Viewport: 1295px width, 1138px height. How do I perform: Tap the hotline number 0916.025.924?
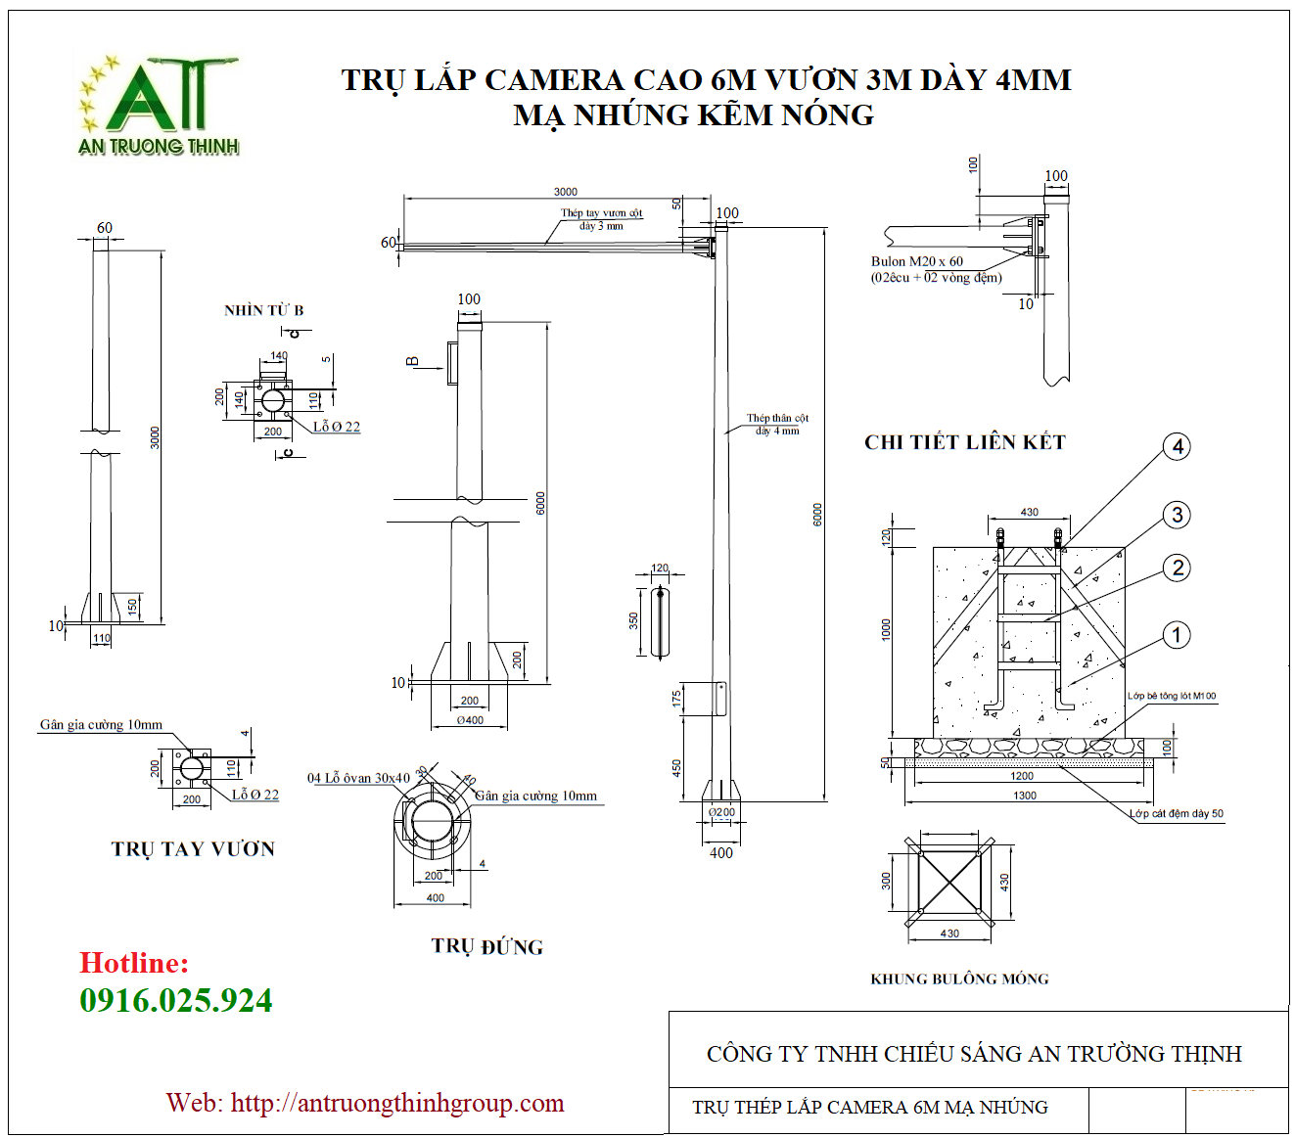[x=176, y=1000]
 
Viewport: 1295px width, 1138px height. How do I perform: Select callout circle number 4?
[x=1178, y=447]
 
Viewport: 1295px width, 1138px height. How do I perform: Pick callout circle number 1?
[x=1177, y=635]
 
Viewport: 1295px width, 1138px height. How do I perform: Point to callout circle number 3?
[x=1178, y=515]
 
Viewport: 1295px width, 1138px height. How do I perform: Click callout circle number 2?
[x=1178, y=568]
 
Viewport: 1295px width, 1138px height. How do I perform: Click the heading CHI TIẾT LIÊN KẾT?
[x=964, y=442]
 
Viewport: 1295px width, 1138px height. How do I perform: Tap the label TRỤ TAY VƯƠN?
[x=193, y=849]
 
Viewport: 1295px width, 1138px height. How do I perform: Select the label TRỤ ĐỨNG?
[x=486, y=947]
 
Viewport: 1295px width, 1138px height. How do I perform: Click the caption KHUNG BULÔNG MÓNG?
[x=959, y=979]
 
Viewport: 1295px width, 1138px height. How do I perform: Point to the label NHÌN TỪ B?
[x=263, y=310]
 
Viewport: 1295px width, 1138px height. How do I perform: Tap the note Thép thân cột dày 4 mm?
[x=777, y=424]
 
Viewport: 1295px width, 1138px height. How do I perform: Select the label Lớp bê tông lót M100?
[x=1171, y=697]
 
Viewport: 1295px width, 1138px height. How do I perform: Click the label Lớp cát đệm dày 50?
[x=1176, y=814]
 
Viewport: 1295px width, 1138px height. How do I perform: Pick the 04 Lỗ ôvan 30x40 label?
[x=358, y=779]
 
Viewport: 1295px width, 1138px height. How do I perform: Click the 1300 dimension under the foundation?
[x=1024, y=796]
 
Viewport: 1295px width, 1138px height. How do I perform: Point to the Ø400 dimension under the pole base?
[x=470, y=720]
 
